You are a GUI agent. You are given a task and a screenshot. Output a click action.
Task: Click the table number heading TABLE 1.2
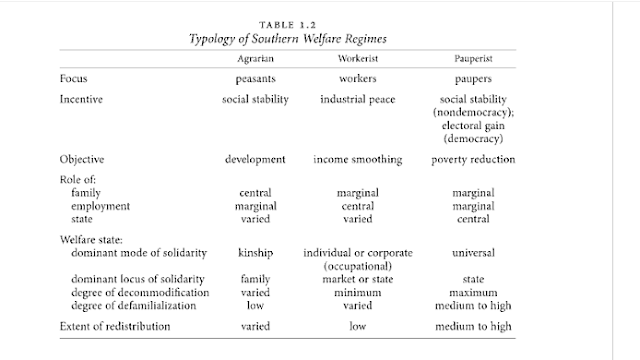tap(288, 25)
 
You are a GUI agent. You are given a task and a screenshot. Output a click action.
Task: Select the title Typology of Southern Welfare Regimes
tap(288, 39)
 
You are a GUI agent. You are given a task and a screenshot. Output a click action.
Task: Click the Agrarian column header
tap(256, 59)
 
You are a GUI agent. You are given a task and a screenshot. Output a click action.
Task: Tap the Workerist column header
tap(358, 59)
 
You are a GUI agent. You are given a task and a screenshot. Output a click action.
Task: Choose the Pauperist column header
tap(473, 59)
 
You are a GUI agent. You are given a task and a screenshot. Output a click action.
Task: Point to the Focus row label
tap(73, 78)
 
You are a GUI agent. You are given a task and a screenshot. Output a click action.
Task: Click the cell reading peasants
tap(256, 79)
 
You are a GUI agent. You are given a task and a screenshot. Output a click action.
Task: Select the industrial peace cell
tap(358, 100)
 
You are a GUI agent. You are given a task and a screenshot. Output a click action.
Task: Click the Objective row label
tap(82, 159)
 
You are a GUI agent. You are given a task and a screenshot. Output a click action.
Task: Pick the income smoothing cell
tap(358, 160)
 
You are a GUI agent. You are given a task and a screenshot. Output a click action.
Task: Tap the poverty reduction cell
tap(473, 160)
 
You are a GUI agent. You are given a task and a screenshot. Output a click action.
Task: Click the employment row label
tap(100, 206)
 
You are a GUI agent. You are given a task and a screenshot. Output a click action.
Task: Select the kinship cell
tap(256, 253)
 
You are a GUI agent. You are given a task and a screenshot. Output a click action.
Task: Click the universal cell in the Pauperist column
tap(473, 253)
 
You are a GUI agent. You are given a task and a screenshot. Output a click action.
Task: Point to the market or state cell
tap(358, 279)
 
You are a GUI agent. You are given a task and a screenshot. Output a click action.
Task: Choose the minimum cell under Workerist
tap(358, 293)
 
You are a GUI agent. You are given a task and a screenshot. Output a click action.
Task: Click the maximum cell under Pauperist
tap(473, 293)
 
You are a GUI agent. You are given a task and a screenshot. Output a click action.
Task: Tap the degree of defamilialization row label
tap(134, 306)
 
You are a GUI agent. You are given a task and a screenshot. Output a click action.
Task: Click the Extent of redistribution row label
tap(115, 327)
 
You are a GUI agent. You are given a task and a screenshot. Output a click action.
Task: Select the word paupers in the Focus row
tap(473, 79)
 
